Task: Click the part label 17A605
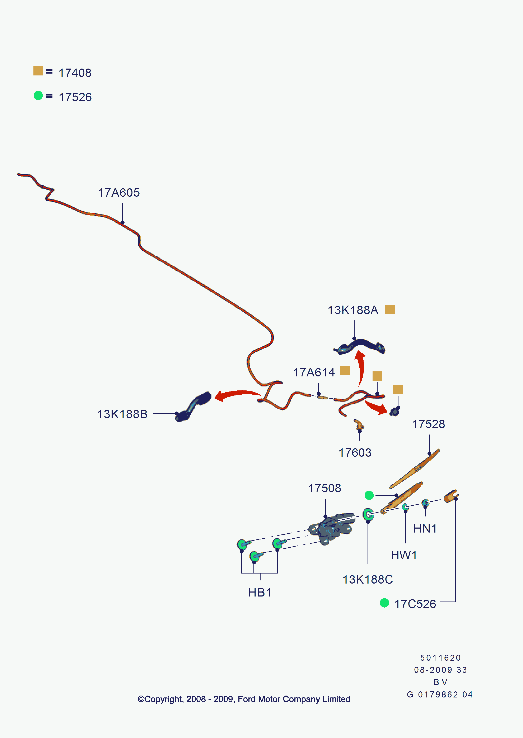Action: (x=119, y=193)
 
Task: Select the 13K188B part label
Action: (x=122, y=414)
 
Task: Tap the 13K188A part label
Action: (x=353, y=310)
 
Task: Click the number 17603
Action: (x=355, y=452)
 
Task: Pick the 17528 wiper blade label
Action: (x=429, y=424)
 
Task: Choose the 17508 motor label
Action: (x=325, y=488)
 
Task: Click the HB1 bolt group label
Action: (x=260, y=592)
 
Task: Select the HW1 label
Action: (x=404, y=555)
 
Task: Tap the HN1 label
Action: (x=425, y=528)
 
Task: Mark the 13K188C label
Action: (x=368, y=579)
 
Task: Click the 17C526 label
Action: (x=415, y=604)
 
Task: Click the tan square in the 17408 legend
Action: (x=38, y=71)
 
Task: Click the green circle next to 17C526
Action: (x=384, y=603)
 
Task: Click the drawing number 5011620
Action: (x=440, y=658)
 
